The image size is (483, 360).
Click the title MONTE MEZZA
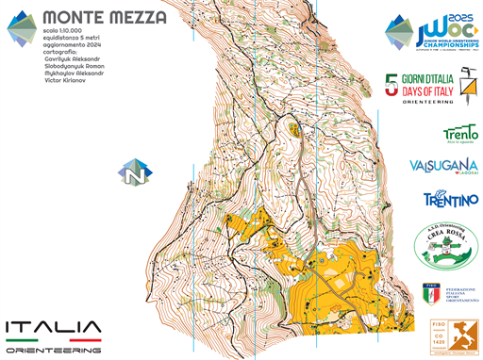pos(105,18)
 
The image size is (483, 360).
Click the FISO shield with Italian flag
pos(429,295)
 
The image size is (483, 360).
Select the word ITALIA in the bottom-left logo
pos(53,329)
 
